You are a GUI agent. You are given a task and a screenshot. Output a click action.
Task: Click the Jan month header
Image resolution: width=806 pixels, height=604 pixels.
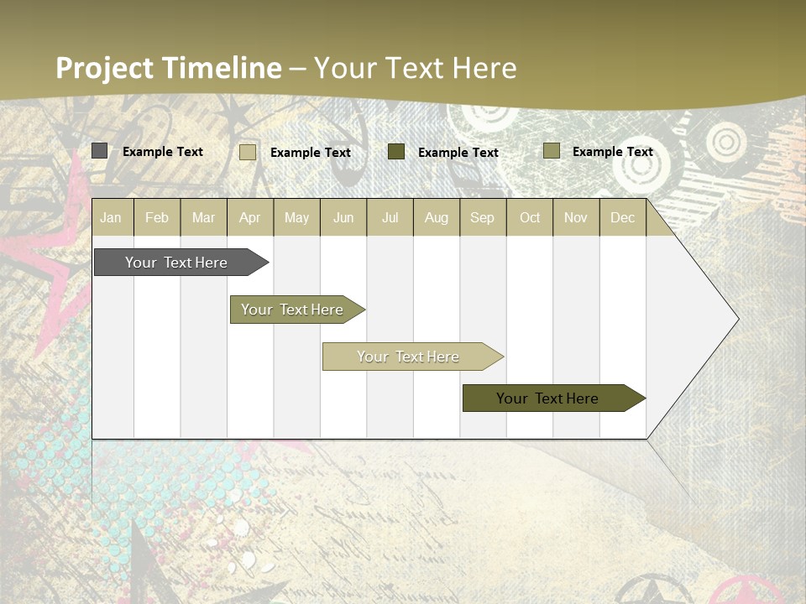[111, 218]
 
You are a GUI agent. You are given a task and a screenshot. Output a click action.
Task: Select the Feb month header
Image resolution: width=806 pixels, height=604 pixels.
[157, 218]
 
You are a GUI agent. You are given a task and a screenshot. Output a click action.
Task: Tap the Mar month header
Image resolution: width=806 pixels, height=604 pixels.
[203, 218]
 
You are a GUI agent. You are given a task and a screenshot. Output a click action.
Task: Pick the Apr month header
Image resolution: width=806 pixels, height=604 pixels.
[250, 218]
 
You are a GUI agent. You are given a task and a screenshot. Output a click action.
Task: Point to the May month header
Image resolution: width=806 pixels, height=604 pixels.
[296, 218]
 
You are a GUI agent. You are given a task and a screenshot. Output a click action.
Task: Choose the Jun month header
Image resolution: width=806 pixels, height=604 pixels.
[343, 218]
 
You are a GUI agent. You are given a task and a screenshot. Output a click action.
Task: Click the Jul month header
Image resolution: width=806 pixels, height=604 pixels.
[390, 218]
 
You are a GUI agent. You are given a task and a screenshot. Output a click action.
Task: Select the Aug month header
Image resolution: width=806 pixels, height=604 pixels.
[437, 218]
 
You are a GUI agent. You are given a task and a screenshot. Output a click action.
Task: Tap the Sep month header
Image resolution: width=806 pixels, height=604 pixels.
[483, 218]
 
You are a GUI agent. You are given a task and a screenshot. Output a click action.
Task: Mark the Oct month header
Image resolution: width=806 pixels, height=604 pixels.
[530, 218]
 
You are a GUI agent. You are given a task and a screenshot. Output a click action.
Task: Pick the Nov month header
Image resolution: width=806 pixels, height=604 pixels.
[576, 218]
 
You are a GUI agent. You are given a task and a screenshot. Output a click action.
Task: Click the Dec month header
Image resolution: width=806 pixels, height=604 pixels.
[623, 218]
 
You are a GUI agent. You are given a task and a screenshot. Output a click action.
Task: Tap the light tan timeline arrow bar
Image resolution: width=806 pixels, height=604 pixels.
[409, 357]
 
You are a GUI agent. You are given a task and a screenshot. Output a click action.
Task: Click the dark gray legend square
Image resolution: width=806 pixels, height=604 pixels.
[100, 151]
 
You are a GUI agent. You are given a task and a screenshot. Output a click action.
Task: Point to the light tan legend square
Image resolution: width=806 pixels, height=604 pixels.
[248, 152]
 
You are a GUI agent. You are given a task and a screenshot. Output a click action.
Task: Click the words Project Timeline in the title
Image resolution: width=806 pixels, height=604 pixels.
[169, 68]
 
